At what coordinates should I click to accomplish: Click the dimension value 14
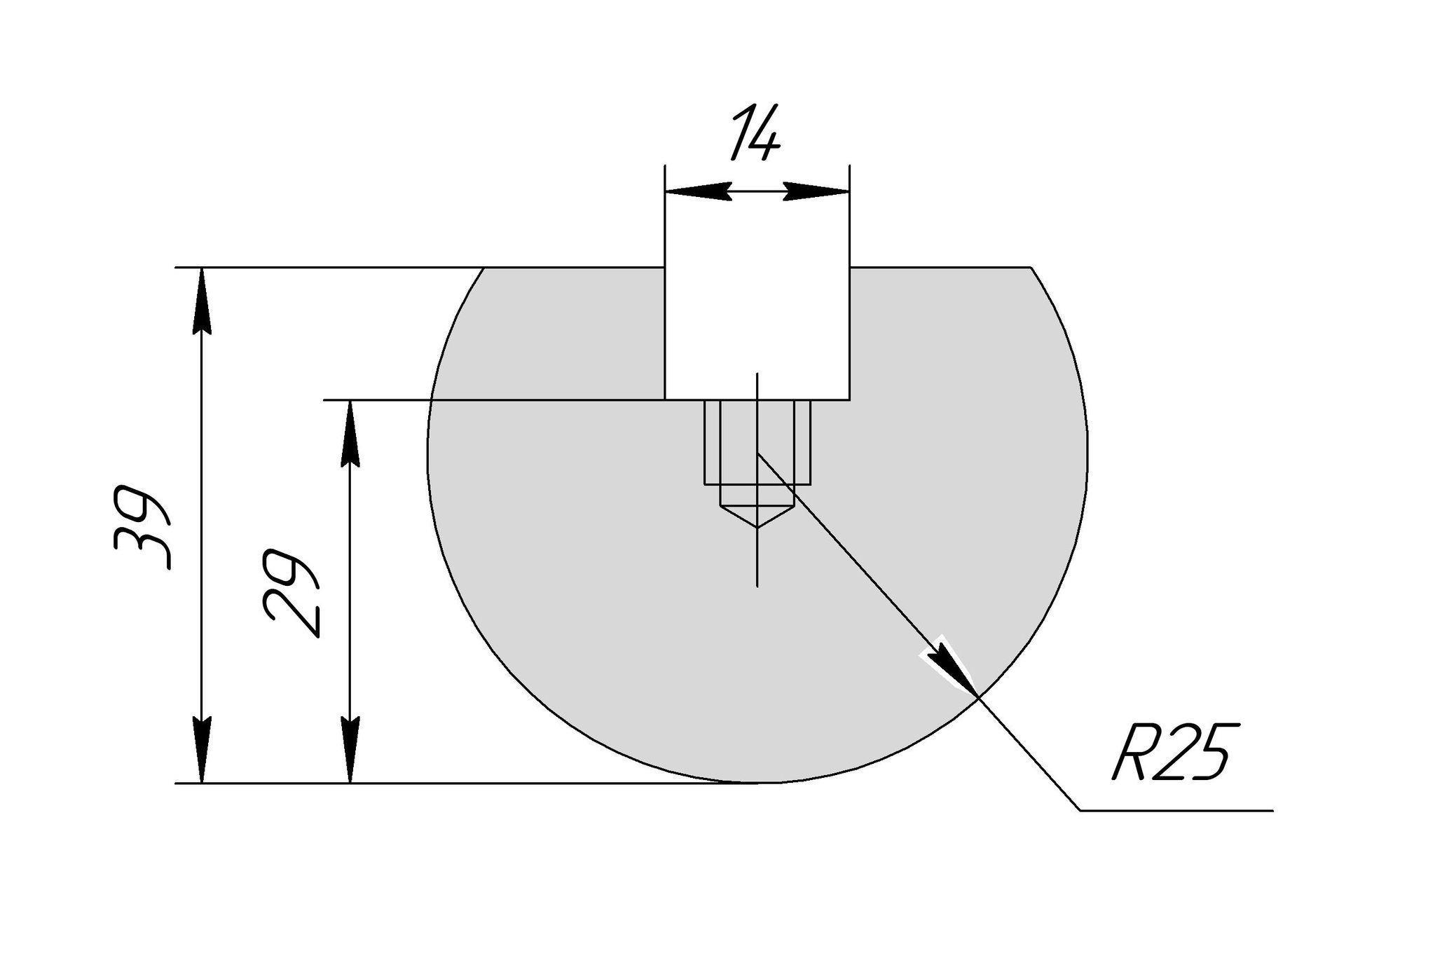coord(755,132)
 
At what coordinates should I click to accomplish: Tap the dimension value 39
coord(142,526)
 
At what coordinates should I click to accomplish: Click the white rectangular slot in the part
coord(757,329)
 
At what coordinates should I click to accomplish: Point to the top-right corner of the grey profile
coord(1030,268)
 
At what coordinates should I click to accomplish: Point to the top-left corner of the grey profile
coord(485,268)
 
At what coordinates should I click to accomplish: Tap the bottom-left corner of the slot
coord(665,399)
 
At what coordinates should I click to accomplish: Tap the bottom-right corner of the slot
coord(849,399)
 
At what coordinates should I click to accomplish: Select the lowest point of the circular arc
coord(757,783)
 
